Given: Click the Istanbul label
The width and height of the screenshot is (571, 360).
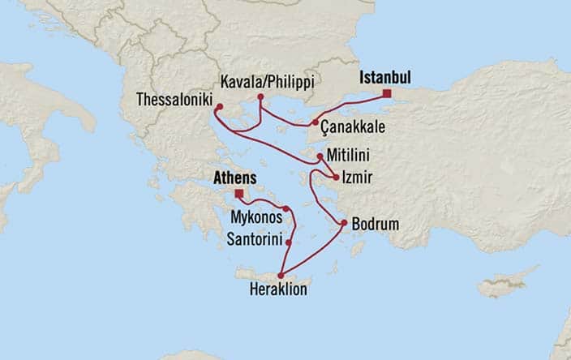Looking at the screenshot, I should coord(384,78).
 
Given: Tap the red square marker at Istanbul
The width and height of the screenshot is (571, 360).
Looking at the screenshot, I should coord(387,95).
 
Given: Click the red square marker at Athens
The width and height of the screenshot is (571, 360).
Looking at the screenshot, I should coord(238,193).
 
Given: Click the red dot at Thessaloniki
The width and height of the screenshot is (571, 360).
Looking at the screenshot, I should coord(219,106).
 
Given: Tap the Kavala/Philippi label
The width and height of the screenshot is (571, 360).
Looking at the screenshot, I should coord(267,82).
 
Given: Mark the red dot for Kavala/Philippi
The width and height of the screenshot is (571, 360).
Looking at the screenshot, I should coord(260,98).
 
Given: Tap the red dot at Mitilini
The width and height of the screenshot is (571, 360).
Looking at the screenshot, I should coord(320,155).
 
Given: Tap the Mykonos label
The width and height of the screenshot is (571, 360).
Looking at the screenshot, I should coord(256,218).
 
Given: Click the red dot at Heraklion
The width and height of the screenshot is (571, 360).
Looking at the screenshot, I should coord(281,276).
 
